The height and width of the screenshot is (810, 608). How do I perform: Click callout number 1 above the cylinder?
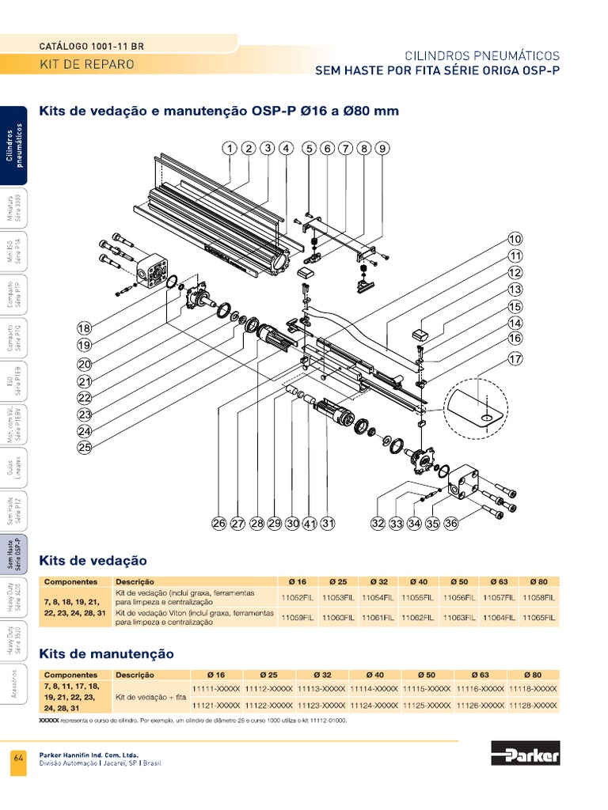[x=229, y=148]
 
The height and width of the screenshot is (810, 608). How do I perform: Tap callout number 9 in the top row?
[x=382, y=148]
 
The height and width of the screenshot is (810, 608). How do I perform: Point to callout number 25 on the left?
[x=85, y=448]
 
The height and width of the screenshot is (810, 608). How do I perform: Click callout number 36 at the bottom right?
[x=451, y=523]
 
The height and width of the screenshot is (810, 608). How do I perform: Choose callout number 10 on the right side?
[x=515, y=239]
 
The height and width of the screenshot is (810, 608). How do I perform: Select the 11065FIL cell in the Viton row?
[x=538, y=618]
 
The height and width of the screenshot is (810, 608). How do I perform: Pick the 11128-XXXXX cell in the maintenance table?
[x=534, y=705]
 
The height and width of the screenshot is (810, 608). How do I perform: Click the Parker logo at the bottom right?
[x=525, y=753]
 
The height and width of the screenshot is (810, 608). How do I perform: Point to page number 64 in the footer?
[x=18, y=759]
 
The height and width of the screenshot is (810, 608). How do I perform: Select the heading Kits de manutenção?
[x=106, y=654]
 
